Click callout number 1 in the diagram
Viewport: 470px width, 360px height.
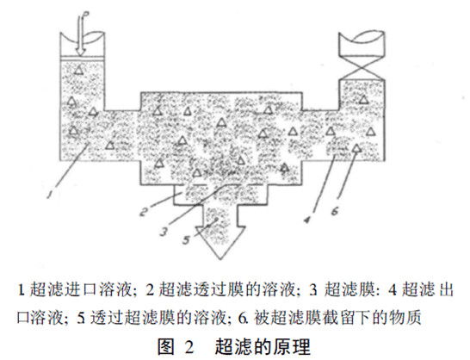49,195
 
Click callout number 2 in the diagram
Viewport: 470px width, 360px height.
143,212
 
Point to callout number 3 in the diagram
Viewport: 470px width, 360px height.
164,232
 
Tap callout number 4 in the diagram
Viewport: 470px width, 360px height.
306,220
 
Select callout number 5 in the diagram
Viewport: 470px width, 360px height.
186,239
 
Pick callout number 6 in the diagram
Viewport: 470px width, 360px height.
335,211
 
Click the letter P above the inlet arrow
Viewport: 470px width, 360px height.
86,14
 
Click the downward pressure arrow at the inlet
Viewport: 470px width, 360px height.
80,36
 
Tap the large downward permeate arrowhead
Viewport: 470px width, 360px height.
221,241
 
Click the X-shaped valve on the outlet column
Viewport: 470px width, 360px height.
362,68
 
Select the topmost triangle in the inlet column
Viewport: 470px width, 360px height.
79,70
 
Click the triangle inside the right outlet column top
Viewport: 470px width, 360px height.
364,99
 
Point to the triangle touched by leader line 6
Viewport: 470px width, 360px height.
356,148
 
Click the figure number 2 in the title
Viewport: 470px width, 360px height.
189,347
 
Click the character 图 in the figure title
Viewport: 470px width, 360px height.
166,347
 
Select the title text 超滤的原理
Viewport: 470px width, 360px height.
263,347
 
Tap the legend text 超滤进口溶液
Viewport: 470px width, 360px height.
80,289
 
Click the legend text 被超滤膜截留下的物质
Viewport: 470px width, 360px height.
337,317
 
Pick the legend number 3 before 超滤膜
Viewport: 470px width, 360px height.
313,290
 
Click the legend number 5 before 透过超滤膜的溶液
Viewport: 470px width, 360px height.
81,318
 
